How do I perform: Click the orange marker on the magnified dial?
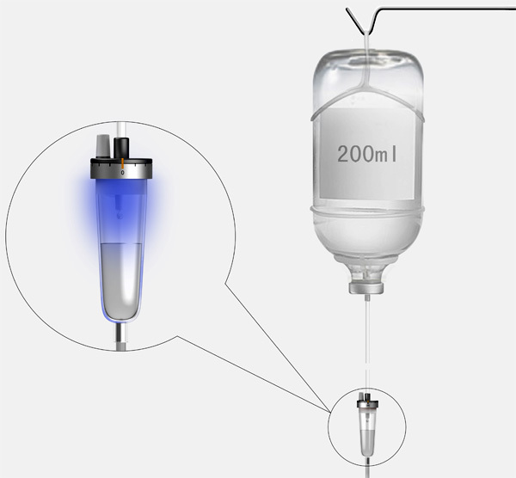tap(122, 162)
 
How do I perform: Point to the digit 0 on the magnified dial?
tap(122, 173)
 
